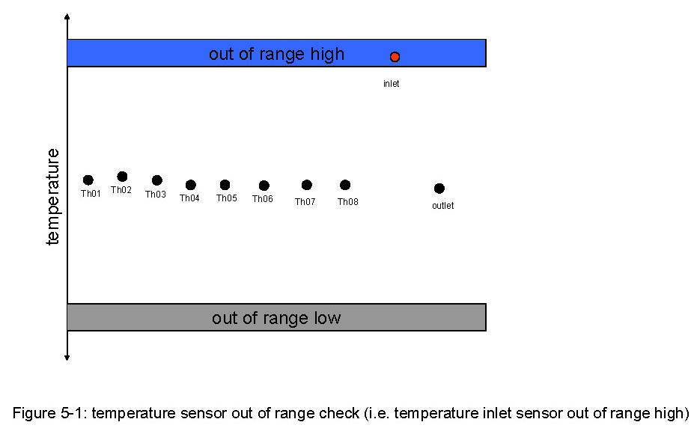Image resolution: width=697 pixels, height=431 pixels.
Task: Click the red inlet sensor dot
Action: pyautogui.click(x=395, y=57)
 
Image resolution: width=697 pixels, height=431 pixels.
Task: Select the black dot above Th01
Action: pyautogui.click(x=88, y=180)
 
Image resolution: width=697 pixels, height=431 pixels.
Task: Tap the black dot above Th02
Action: pyautogui.click(x=122, y=177)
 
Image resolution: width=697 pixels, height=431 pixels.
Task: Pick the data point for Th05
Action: pyautogui.click(x=225, y=184)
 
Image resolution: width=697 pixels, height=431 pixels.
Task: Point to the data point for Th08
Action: pyautogui.click(x=345, y=185)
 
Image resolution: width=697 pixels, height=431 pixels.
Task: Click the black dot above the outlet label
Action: pyautogui.click(x=439, y=189)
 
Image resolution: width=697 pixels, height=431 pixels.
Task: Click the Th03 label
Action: pyautogui.click(x=156, y=194)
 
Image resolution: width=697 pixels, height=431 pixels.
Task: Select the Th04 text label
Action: pyautogui.click(x=189, y=198)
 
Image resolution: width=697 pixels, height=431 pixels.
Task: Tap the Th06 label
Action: pyautogui.click(x=263, y=198)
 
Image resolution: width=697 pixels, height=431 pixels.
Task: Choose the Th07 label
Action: pyautogui.click(x=305, y=202)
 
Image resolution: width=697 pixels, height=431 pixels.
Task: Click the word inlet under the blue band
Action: pyautogui.click(x=391, y=84)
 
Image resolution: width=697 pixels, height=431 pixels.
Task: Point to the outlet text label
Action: pyautogui.click(x=443, y=206)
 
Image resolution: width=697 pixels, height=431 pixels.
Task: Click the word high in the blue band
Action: pyautogui.click(x=327, y=54)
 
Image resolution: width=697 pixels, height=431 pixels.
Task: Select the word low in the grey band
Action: pyautogui.click(x=327, y=318)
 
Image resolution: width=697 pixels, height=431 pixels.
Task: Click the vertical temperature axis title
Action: pyautogui.click(x=52, y=196)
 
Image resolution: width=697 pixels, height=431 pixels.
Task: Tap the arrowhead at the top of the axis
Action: pyautogui.click(x=67, y=16)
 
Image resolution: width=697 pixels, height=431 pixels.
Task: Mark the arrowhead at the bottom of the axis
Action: pyautogui.click(x=67, y=358)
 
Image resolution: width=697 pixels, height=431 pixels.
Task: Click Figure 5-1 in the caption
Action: pyautogui.click(x=51, y=413)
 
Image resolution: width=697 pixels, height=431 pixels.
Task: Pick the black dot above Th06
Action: pyautogui.click(x=264, y=186)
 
